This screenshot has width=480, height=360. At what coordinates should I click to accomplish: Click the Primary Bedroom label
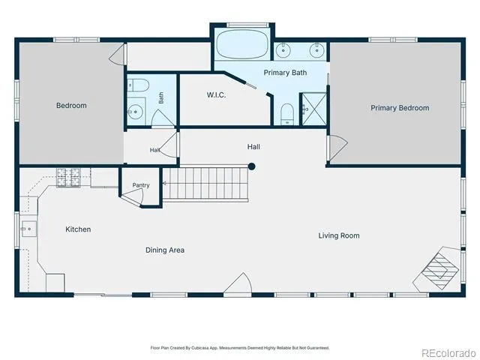[x=400, y=108]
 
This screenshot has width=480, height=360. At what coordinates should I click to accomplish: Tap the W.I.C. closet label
[x=216, y=95]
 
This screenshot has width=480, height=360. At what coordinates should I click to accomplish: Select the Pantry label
[x=141, y=185]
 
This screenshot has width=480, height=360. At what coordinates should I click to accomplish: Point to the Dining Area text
[x=165, y=250]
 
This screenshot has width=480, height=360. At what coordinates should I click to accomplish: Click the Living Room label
[x=339, y=235]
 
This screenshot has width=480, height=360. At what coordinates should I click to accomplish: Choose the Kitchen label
[x=78, y=229]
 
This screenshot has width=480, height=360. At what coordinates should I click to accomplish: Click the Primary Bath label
[x=285, y=73]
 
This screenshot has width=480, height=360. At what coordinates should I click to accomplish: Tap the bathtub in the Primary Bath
[x=242, y=44]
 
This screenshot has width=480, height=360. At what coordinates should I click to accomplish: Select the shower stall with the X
[x=314, y=109]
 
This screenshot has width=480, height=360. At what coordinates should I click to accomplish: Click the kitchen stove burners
[x=68, y=177]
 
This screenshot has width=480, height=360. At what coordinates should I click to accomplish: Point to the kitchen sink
[x=28, y=229]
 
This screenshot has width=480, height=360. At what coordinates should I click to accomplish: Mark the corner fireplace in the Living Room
[x=438, y=269]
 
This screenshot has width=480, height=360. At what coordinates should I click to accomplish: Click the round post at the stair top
[x=252, y=166]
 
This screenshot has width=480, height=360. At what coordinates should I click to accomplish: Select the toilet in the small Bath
[x=138, y=85]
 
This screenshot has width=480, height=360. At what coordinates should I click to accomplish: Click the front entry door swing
[x=238, y=283]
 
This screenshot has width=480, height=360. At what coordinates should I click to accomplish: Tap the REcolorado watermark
[x=449, y=353]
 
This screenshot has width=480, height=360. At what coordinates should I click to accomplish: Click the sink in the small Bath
[x=136, y=112]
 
